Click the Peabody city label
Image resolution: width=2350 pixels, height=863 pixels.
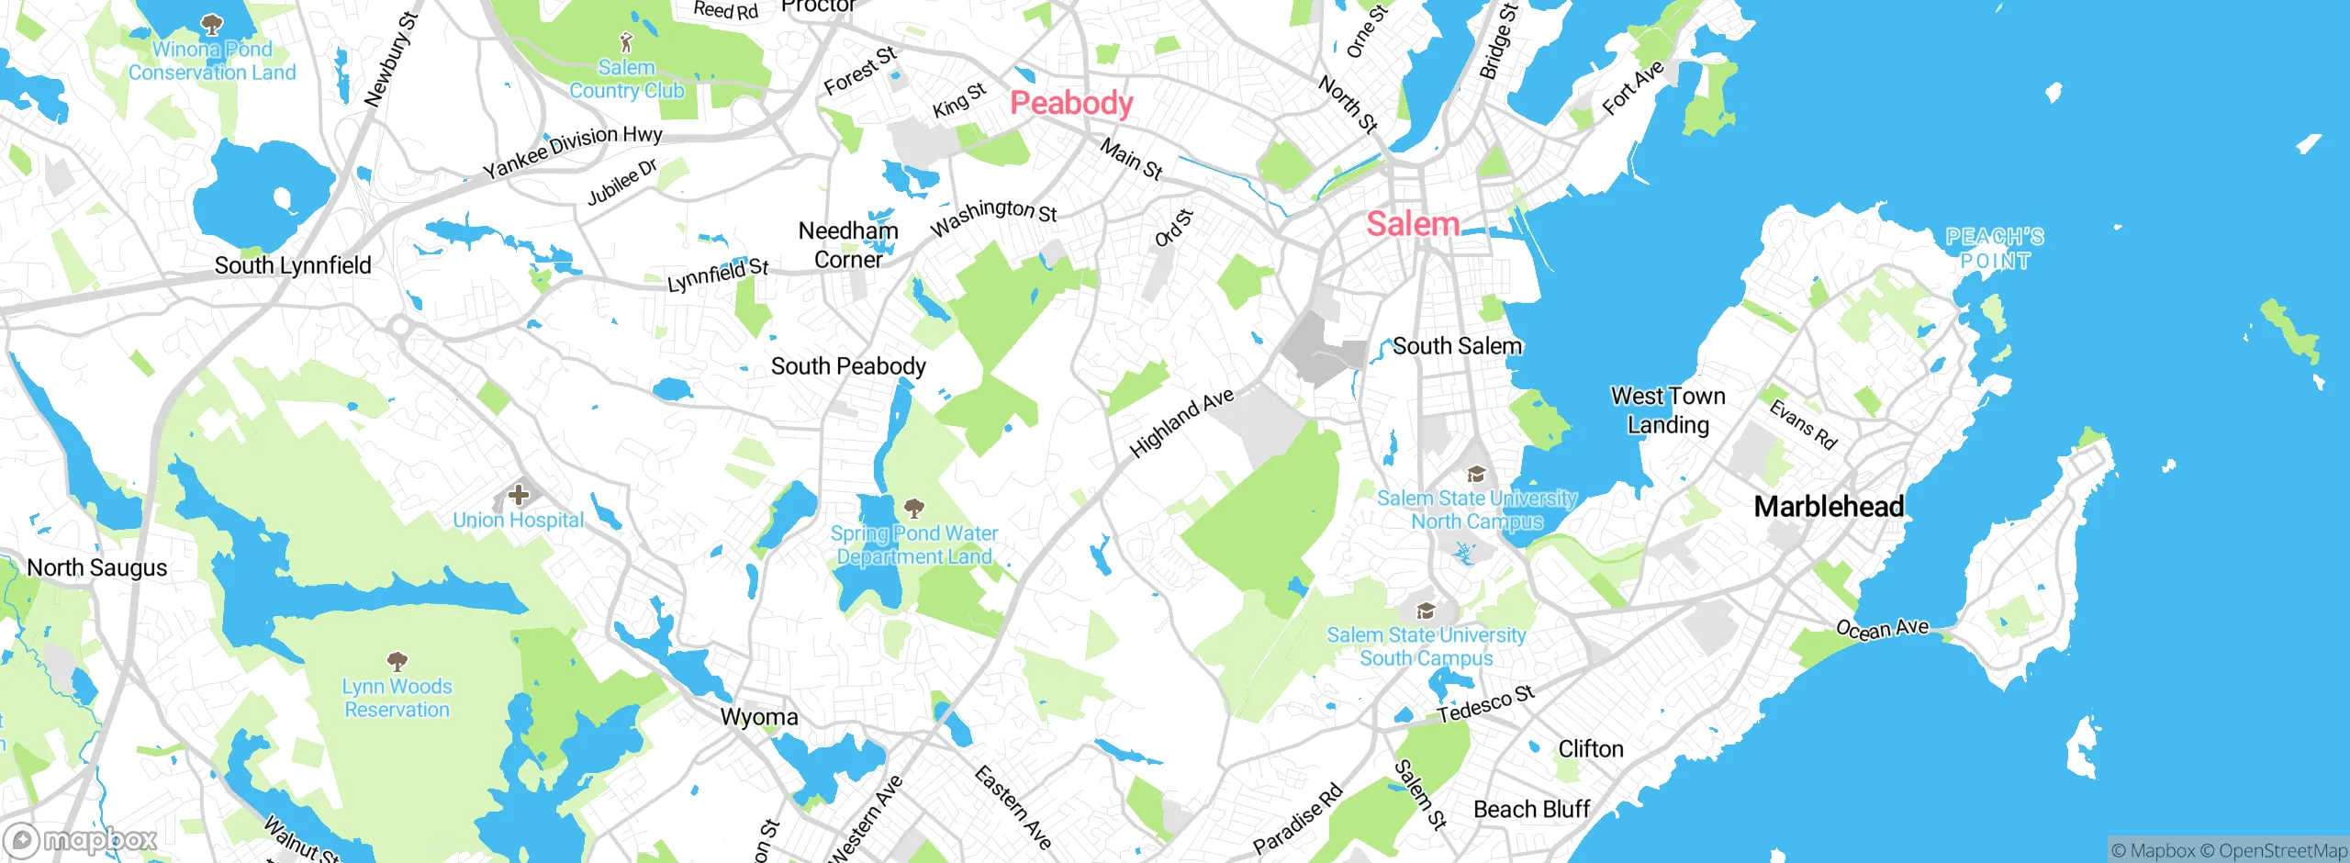pyautogui.click(x=1071, y=103)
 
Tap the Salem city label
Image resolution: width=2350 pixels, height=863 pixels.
pyautogui.click(x=1413, y=223)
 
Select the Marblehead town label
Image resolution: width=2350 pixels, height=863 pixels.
pyautogui.click(x=1829, y=506)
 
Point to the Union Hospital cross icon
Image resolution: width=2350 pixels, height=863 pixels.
pyautogui.click(x=519, y=496)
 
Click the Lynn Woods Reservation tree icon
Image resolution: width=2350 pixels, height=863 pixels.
pyautogui.click(x=397, y=661)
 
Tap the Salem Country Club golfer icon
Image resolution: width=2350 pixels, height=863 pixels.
pyautogui.click(x=627, y=42)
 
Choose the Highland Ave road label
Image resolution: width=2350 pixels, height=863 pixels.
pyautogui.click(x=1181, y=422)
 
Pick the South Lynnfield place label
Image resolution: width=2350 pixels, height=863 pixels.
pyautogui.click(x=293, y=265)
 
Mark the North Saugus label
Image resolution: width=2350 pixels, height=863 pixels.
pyautogui.click(x=97, y=567)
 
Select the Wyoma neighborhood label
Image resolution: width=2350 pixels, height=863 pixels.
pyautogui.click(x=759, y=717)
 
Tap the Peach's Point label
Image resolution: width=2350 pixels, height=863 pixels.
pyautogui.click(x=1995, y=249)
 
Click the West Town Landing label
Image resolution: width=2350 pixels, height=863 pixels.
pyautogui.click(x=1668, y=410)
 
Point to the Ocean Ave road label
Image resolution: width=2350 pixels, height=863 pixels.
pyautogui.click(x=1882, y=629)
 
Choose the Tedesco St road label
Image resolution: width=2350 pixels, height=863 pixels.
pyautogui.click(x=1485, y=704)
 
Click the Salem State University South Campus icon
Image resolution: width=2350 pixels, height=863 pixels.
pyautogui.click(x=1426, y=611)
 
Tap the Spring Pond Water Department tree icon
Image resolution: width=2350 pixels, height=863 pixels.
pyautogui.click(x=913, y=508)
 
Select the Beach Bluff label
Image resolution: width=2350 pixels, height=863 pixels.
pyautogui.click(x=1531, y=809)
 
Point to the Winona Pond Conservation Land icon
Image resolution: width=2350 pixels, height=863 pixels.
pyautogui.click(x=212, y=23)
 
